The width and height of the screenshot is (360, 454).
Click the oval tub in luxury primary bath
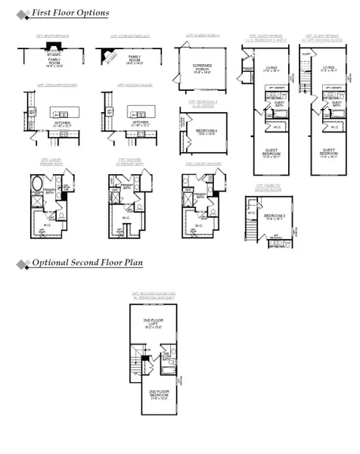click(x=37, y=184)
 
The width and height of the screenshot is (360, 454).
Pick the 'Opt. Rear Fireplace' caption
click(x=51, y=36)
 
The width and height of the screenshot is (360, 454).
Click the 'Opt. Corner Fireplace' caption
click(x=131, y=36)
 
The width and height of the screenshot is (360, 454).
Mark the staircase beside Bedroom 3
click(x=251, y=224)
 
